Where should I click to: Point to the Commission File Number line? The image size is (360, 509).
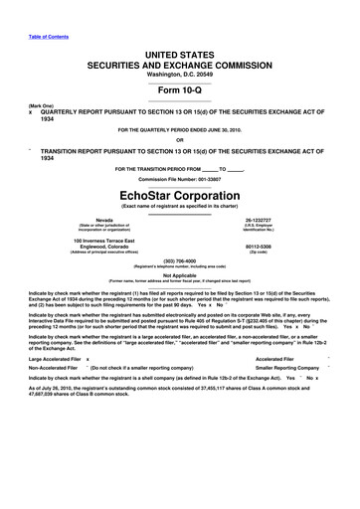180,179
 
